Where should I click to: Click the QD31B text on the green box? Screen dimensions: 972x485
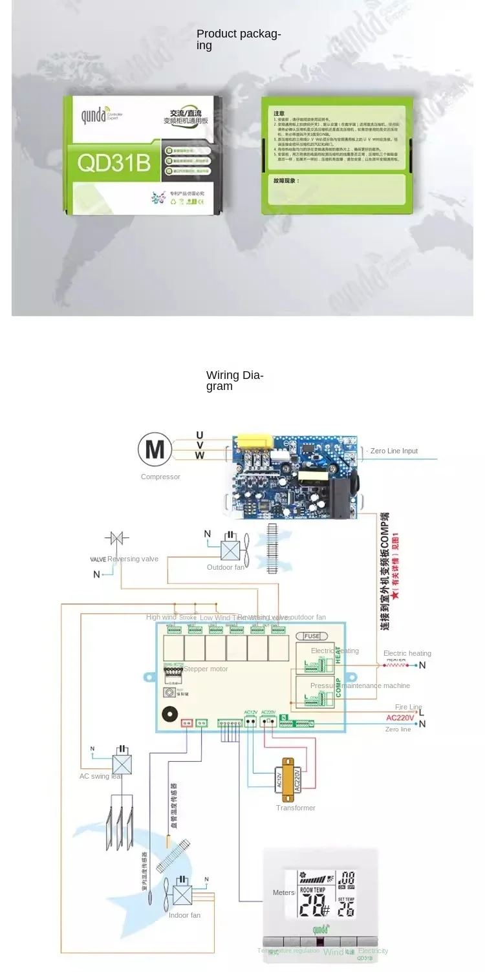click(114, 163)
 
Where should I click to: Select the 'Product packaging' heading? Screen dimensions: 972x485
click(239, 39)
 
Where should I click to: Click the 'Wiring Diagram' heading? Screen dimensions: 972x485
click(235, 380)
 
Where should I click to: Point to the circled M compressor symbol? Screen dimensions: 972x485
click(155, 449)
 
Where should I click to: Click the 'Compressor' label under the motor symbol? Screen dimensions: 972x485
click(160, 477)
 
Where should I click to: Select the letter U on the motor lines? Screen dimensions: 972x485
click(200, 435)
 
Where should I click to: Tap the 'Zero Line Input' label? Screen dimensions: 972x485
click(394, 451)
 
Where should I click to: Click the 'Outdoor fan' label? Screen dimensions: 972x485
click(226, 567)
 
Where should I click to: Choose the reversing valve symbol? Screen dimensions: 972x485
click(117, 538)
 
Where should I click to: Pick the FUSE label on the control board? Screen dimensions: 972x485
click(312, 636)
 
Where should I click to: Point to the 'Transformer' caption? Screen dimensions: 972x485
click(296, 808)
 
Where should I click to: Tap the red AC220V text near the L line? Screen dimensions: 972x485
click(400, 717)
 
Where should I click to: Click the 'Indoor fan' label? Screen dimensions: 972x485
click(184, 915)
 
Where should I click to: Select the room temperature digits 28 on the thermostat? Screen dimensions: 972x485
click(312, 907)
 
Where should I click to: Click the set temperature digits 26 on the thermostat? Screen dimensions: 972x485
click(346, 909)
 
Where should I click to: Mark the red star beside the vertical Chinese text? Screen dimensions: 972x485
click(396, 594)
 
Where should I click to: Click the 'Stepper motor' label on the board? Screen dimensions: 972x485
click(206, 669)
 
